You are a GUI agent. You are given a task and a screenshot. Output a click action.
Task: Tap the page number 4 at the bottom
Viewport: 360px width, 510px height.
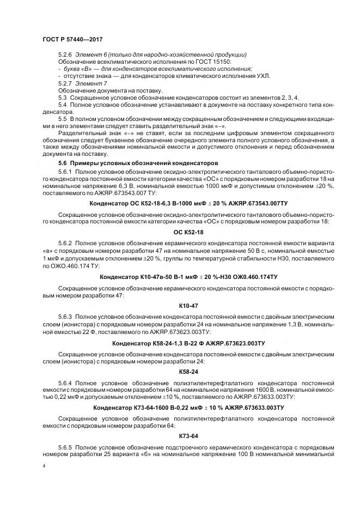[x=44, y=466]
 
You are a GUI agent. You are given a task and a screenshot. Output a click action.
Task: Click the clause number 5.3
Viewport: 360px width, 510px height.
[x=62, y=96]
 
